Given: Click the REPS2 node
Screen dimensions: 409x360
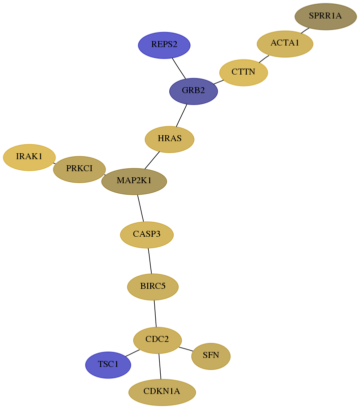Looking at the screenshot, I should tap(164, 45).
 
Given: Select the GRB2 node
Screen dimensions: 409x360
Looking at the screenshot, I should tap(193, 91).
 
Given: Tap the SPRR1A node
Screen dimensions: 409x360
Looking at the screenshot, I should tap(325, 17).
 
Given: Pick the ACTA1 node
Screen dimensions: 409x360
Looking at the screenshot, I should tap(285, 44).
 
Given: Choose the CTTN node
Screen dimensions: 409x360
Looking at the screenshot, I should tap(243, 73).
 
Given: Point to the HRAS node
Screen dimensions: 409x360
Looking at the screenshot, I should tap(169, 139).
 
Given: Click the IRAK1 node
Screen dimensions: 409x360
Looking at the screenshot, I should tap(29, 157).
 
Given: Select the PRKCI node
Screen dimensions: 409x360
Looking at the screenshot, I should tap(79, 169).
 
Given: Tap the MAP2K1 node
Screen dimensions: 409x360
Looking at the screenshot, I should tap(134, 181).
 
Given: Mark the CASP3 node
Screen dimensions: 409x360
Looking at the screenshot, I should tap(147, 235).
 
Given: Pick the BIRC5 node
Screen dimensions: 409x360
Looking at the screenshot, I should tap(153, 287).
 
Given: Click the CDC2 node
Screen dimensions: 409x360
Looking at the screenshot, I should tap(157, 340).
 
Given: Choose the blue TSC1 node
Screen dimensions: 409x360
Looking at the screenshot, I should tap(108, 365).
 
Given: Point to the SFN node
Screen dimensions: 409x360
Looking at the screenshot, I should tap(211, 356).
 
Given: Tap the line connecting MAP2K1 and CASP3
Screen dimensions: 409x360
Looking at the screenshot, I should tap(141, 208).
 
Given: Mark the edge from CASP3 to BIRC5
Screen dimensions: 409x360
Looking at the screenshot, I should tap(150, 261).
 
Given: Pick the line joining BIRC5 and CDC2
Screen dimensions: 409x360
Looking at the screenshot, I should tap(155, 313).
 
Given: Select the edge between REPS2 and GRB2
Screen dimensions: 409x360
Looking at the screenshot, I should tap(179, 68).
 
